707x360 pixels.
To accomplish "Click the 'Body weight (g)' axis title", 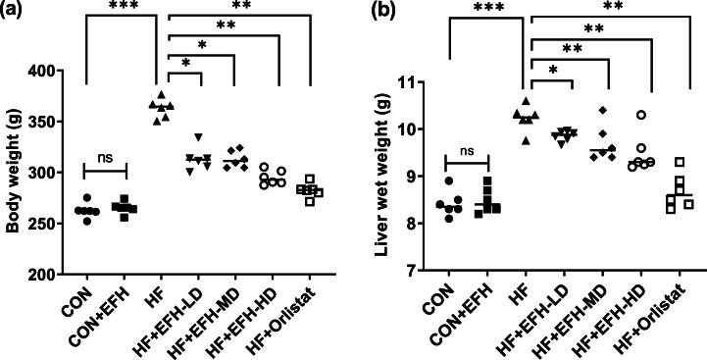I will [13, 173].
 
